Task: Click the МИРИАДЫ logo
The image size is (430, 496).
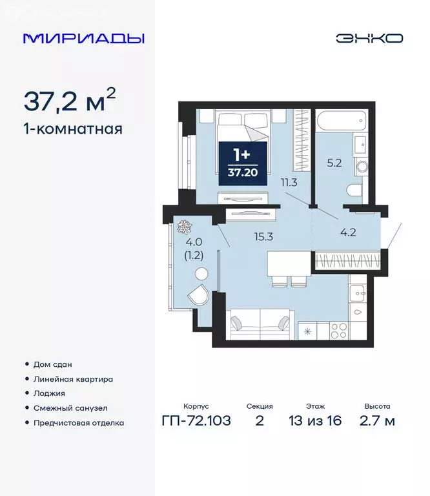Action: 83,38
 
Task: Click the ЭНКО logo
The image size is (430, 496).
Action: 369,38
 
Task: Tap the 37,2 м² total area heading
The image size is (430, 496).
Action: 70,101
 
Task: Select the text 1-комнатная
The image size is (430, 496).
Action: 72,129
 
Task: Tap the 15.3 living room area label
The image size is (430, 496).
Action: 263,236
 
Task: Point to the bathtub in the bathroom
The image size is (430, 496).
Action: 341,121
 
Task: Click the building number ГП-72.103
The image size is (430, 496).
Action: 196,422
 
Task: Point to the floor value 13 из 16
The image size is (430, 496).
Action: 316,422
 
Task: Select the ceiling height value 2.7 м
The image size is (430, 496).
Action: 377,422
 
